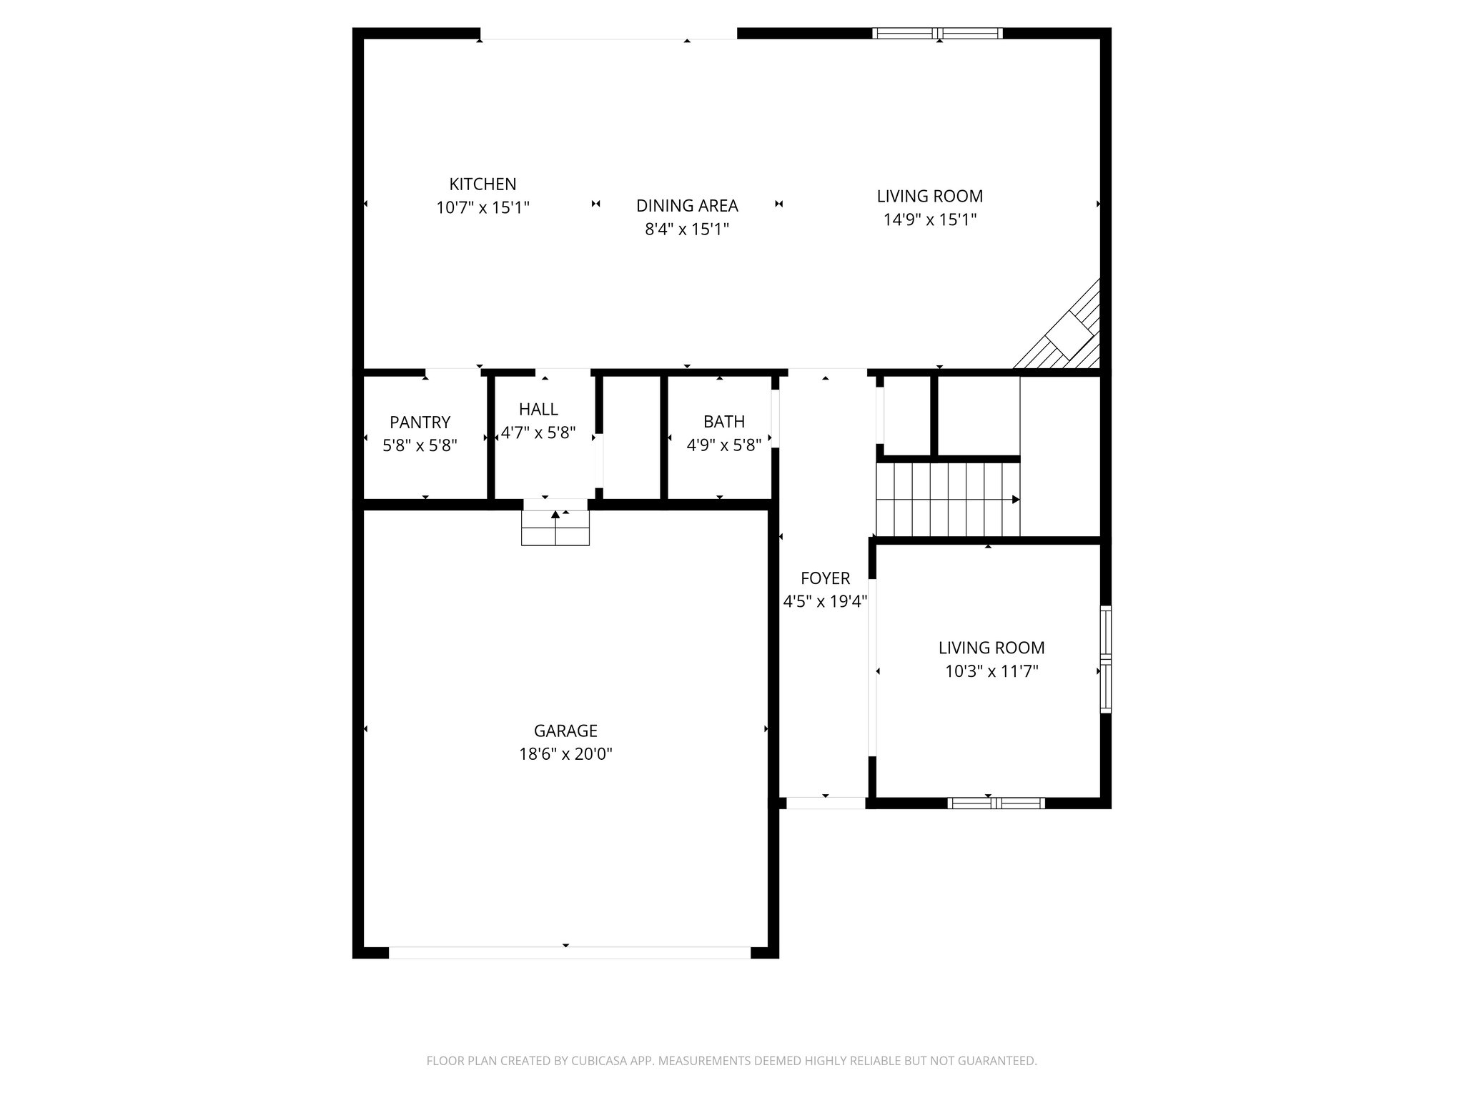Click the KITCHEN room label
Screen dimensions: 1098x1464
pyautogui.click(x=483, y=184)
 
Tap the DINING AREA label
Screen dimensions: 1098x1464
pyautogui.click(x=687, y=205)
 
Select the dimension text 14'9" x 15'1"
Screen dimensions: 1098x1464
pyautogui.click(x=929, y=219)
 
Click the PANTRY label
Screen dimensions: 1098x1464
pyautogui.click(x=420, y=422)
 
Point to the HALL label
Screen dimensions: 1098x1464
pyautogui.click(x=538, y=409)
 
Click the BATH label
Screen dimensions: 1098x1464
pyautogui.click(x=723, y=422)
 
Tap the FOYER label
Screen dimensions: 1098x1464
pyautogui.click(x=825, y=578)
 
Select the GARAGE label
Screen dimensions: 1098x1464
pyautogui.click(x=565, y=731)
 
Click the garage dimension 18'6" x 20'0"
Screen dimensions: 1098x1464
pyautogui.click(x=565, y=754)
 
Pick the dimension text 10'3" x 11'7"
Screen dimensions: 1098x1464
pyautogui.click(x=991, y=671)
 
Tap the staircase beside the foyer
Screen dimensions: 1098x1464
pyautogui.click(x=947, y=499)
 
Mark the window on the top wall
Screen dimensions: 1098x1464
pyautogui.click(x=937, y=33)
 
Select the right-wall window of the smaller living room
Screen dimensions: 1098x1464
pyautogui.click(x=1105, y=659)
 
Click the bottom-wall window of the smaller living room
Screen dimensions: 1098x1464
pyautogui.click(x=996, y=803)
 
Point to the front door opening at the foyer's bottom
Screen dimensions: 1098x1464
pyautogui.click(x=825, y=803)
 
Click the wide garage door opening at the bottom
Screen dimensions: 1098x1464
pyautogui.click(x=569, y=952)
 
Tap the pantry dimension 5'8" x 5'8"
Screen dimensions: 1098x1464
pyautogui.click(x=420, y=446)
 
